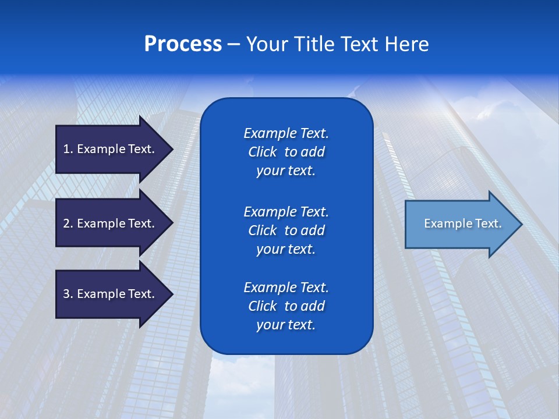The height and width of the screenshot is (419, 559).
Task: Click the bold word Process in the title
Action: (183, 44)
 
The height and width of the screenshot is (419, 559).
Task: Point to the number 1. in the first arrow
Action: (68, 149)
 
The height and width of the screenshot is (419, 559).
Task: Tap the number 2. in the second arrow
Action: (68, 223)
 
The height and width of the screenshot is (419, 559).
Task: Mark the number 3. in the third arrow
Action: (68, 294)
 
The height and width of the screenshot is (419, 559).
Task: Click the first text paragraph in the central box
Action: (286, 152)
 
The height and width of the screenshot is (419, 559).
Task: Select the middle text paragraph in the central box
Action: (286, 230)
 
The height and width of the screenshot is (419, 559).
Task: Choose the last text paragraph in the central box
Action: (286, 306)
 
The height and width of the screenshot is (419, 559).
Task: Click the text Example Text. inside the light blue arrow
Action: (462, 223)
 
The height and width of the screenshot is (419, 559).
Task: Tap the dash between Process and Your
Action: (233, 45)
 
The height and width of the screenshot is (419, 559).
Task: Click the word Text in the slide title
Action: (359, 44)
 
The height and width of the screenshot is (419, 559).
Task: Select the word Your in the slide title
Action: (266, 44)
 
